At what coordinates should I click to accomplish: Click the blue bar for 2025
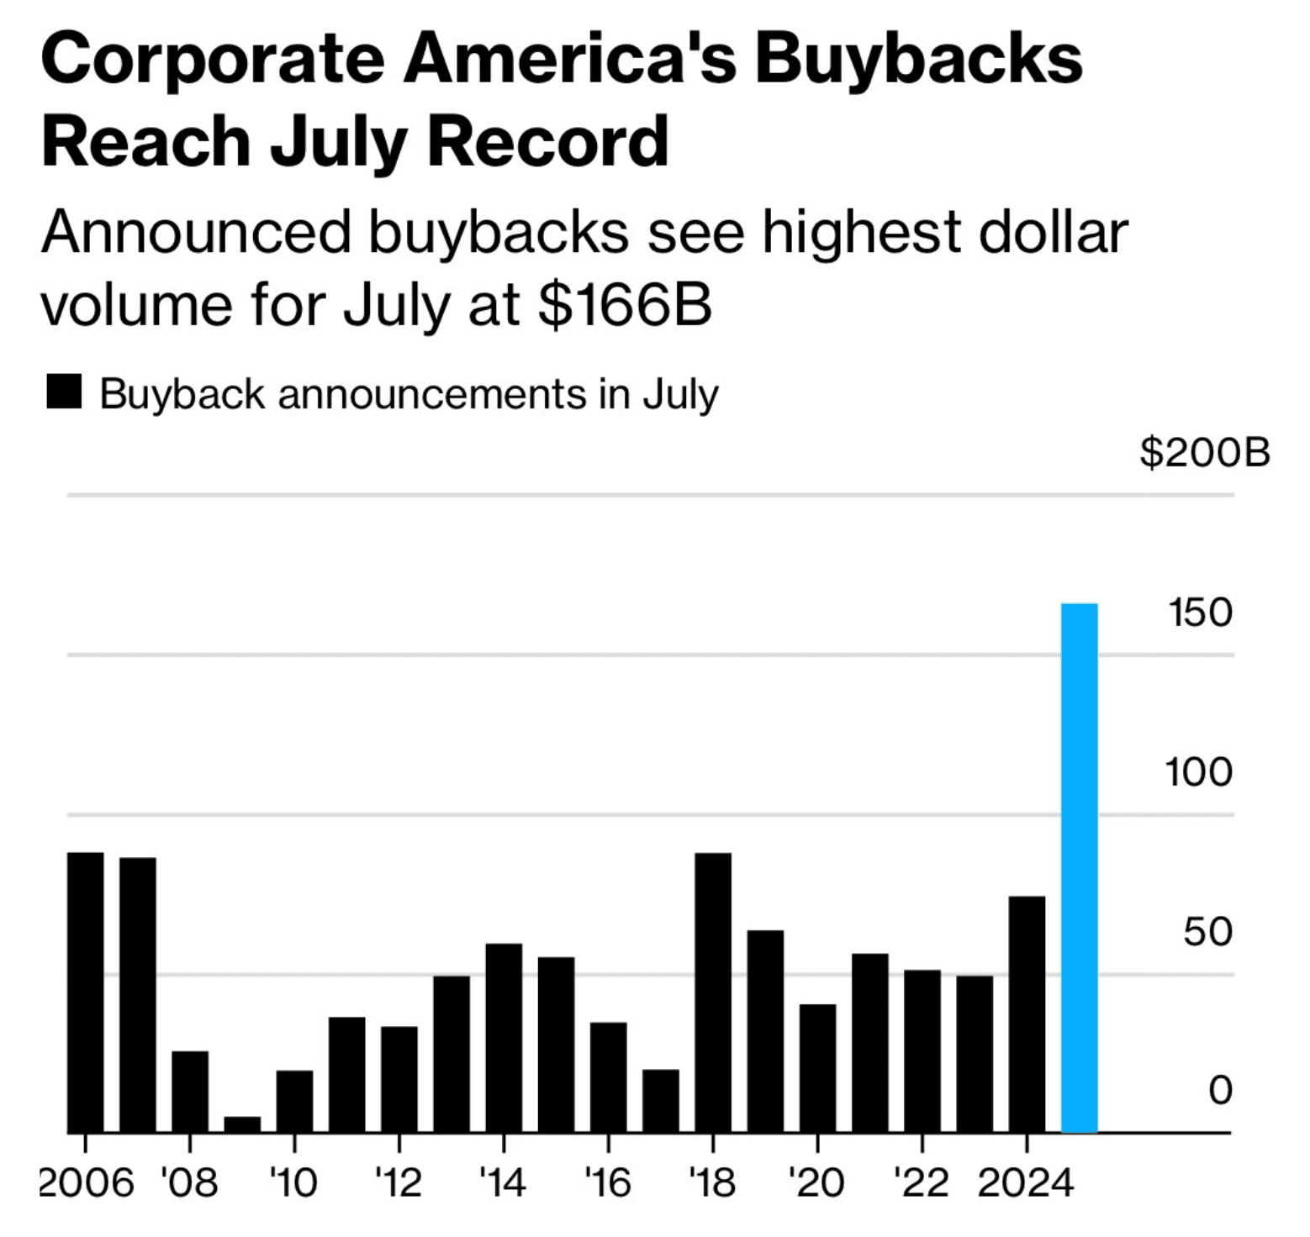pos(1079,868)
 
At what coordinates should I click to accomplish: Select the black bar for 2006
pos(85,992)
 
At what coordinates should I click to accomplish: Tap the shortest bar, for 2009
pos(242,1124)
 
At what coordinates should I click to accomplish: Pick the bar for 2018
pos(713,992)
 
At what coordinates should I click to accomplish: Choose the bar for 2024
pos(1027,1014)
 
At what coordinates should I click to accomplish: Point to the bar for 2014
pos(504,1038)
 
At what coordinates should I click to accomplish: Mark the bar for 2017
pos(661,1101)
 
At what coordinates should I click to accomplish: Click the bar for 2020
pos(817,1068)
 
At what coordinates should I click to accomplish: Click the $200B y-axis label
pos(1204,453)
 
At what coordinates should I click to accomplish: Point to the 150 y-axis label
pos(1200,613)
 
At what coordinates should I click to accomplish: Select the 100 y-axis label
pos(1198,772)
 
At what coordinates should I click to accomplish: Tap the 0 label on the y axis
pos(1220,1090)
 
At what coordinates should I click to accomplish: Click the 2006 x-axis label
pos(87,1183)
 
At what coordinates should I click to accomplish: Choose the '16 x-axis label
pos(608,1183)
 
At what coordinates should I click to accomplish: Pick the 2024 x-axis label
pos(1026,1183)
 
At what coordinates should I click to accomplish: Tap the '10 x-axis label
pos(294,1183)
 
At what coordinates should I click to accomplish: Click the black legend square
pos(64,392)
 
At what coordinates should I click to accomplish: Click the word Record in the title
pos(547,140)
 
